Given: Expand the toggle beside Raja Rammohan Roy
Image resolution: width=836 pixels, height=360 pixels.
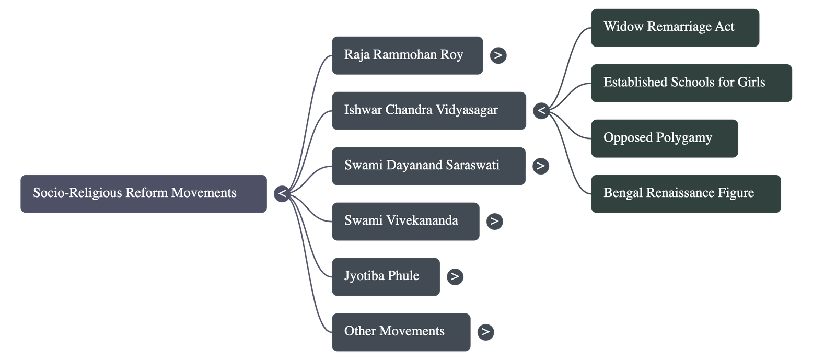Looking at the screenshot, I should (498, 55).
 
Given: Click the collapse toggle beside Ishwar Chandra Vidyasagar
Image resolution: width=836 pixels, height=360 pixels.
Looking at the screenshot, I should (541, 110).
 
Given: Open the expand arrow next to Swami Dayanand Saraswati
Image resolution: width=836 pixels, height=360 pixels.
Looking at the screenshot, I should (540, 166).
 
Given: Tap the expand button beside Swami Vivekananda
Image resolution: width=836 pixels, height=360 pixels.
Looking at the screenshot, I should (494, 221).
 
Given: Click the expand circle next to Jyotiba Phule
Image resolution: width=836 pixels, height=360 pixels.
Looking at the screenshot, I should (455, 276).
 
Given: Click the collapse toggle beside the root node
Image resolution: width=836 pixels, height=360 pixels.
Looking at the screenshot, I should (282, 193).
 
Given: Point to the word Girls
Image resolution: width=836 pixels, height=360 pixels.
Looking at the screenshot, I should (751, 83).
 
